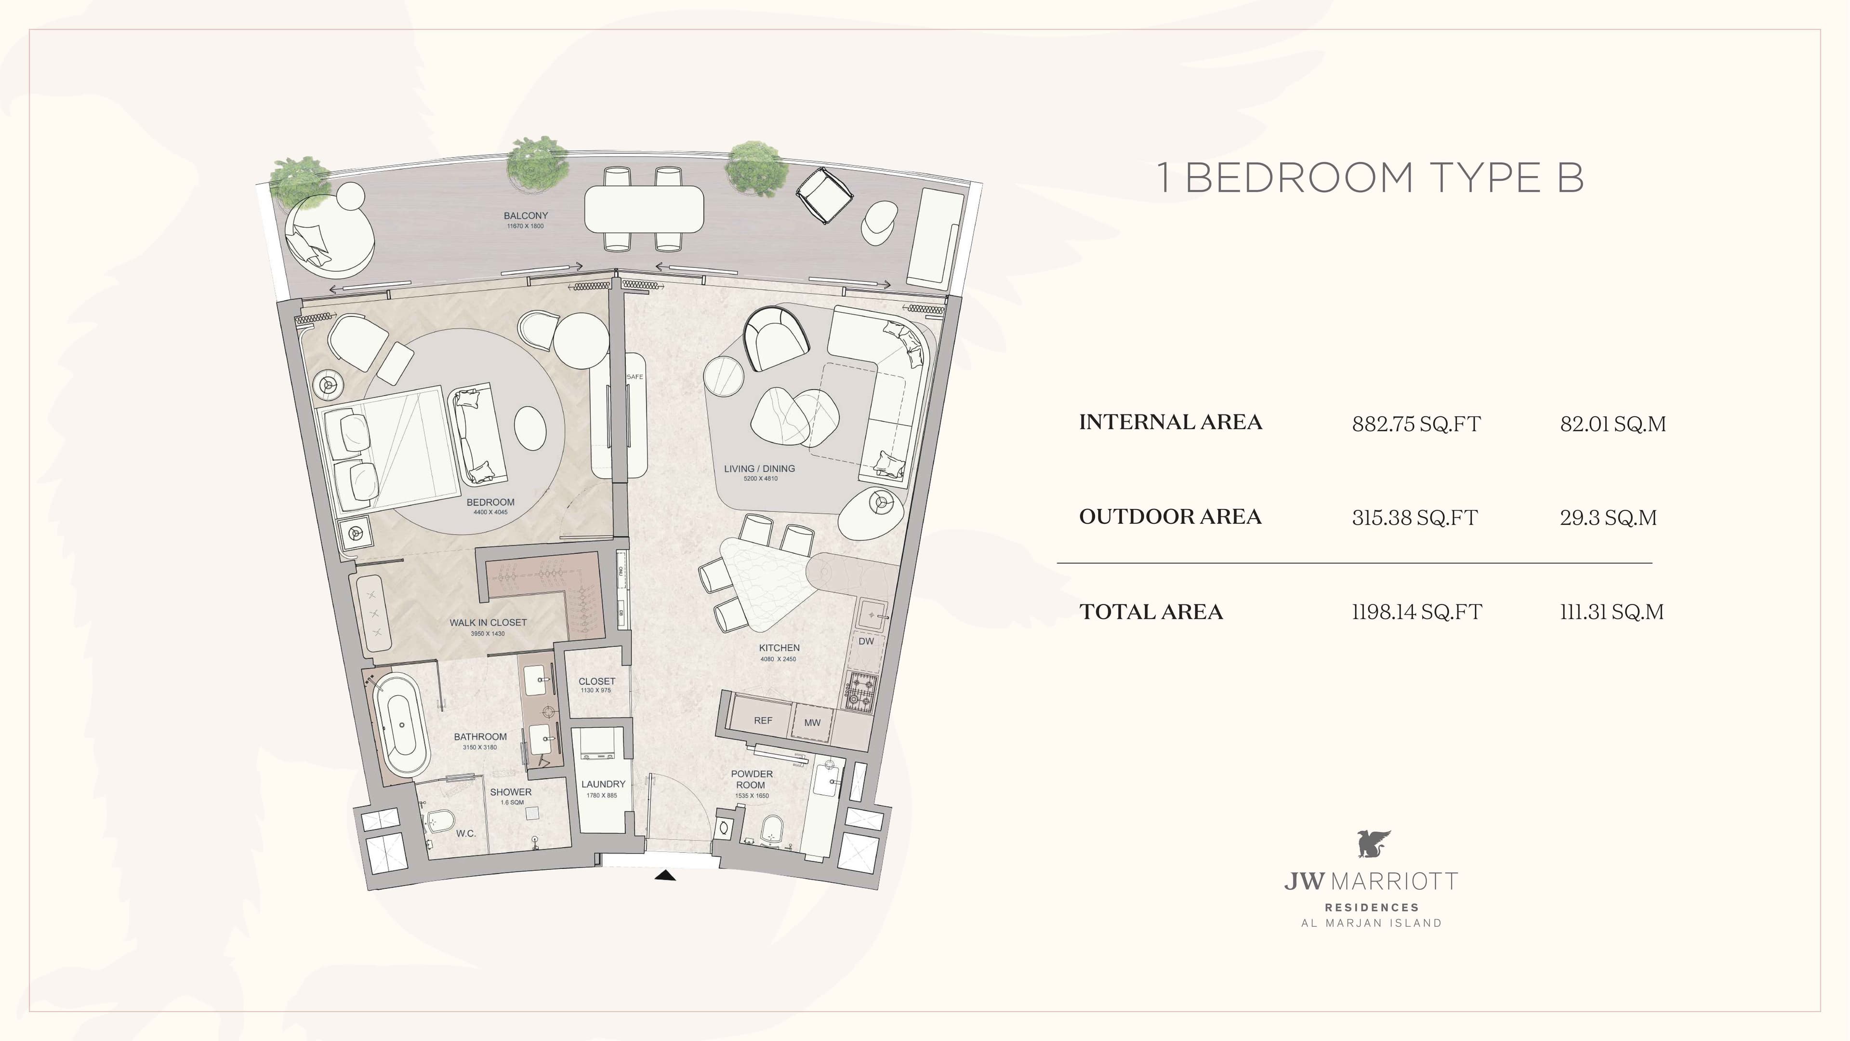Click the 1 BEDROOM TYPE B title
click(x=1370, y=178)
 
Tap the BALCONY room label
click(x=526, y=215)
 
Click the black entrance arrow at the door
click(x=666, y=875)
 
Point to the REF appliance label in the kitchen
click(x=763, y=721)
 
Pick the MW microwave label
click(x=812, y=723)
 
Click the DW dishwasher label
click(x=866, y=641)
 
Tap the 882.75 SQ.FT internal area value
click(x=1416, y=424)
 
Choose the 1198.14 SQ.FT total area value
click(x=1417, y=612)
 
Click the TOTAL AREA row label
click(x=1150, y=612)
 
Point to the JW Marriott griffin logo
click(x=1373, y=844)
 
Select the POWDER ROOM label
click(x=751, y=779)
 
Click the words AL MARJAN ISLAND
click(x=1372, y=924)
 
